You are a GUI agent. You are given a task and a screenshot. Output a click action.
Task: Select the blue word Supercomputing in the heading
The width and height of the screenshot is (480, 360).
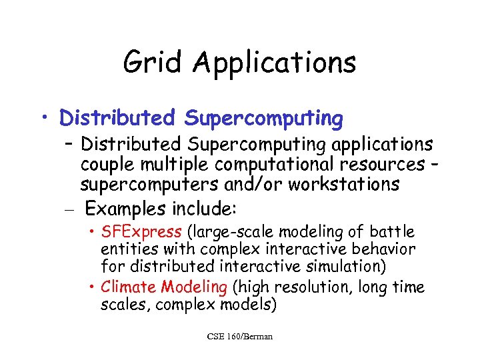tap(264, 119)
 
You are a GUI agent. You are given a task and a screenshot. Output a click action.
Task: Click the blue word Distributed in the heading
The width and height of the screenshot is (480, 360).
tap(117, 119)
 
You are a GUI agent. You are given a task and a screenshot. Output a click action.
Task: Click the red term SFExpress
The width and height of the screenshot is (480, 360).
tap(141, 232)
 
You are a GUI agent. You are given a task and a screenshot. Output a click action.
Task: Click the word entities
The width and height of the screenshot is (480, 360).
tap(125, 249)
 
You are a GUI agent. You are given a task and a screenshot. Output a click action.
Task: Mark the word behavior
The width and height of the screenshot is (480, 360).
tap(384, 249)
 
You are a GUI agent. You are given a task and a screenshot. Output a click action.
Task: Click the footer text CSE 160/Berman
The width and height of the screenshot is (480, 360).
tap(240, 336)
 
